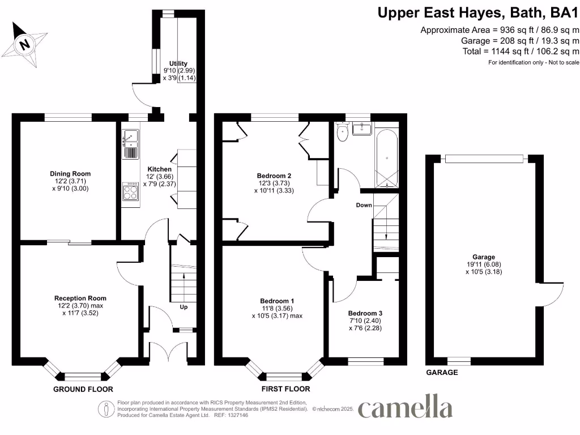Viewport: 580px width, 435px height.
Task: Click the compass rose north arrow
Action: pyautogui.click(x=25, y=43)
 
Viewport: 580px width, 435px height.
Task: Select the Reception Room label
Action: pyautogui.click(x=80, y=305)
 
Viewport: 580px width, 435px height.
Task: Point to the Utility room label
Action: pyautogui.click(x=178, y=71)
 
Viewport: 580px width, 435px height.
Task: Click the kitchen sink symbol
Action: pyautogui.click(x=130, y=144)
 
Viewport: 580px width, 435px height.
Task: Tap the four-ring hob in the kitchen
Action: pyautogui.click(x=130, y=192)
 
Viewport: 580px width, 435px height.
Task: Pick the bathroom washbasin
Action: pyautogui.click(x=361, y=129)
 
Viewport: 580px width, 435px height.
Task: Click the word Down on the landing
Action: pyautogui.click(x=364, y=205)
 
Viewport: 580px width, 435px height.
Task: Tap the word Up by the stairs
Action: pyautogui.click(x=184, y=307)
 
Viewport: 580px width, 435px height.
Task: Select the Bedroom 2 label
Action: pyautogui.click(x=274, y=183)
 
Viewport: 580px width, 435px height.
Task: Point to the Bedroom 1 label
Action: pyautogui.click(x=277, y=308)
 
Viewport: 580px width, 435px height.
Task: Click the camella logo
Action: pyautogui.click(x=405, y=409)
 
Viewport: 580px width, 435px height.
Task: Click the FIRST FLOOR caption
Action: pyautogui.click(x=285, y=389)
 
